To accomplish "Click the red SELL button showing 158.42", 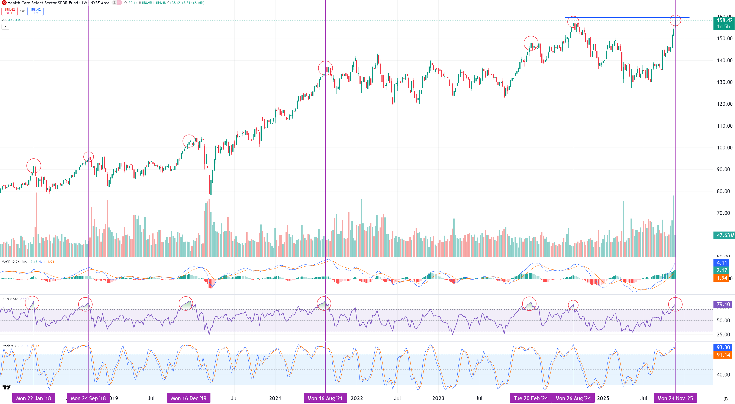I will (x=9, y=11).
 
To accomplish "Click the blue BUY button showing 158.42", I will (x=35, y=11).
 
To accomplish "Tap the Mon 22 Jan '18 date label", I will (x=33, y=398).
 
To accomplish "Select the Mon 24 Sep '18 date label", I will (x=88, y=398).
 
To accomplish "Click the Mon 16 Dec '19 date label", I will (x=188, y=398).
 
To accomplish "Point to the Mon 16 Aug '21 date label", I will (x=325, y=398).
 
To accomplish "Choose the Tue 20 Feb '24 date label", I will (x=531, y=398).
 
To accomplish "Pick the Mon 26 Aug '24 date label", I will (x=573, y=398).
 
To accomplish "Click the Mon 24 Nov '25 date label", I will (x=675, y=398).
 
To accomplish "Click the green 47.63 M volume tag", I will (x=724, y=235).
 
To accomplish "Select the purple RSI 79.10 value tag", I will (x=723, y=304).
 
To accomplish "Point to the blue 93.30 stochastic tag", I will (x=723, y=347).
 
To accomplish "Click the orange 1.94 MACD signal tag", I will (x=722, y=278).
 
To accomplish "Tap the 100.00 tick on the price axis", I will (x=724, y=148).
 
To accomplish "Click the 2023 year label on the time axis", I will (x=438, y=398).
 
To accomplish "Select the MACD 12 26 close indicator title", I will (x=15, y=262).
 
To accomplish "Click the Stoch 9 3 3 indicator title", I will (x=10, y=346).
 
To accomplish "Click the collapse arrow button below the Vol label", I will (x=5, y=27).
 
